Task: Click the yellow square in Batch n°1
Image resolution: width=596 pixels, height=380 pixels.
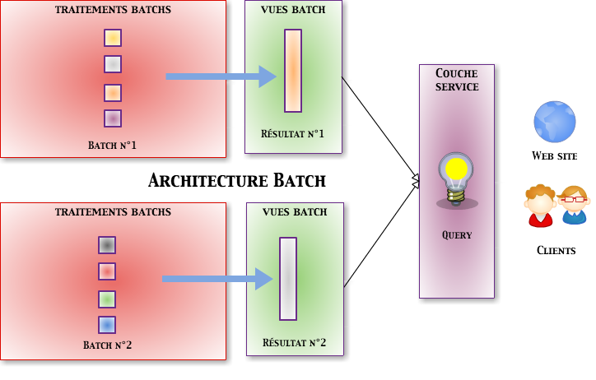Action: coord(113,38)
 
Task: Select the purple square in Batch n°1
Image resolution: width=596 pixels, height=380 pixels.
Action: coord(113,118)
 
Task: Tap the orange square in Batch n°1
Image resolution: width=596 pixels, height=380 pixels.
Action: coord(113,92)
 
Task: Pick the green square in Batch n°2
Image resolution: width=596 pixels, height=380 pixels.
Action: coord(107,299)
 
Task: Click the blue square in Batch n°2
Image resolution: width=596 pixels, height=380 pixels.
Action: coord(107,325)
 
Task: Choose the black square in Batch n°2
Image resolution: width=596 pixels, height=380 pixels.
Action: coord(107,245)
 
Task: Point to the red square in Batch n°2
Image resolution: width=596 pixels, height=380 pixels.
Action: coord(107,271)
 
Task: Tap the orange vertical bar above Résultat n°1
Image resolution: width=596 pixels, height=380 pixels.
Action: coord(293,71)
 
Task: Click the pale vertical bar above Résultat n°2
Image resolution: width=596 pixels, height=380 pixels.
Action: coord(288,278)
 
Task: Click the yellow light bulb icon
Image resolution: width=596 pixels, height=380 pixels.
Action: coord(456,178)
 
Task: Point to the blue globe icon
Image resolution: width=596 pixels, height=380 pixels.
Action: coord(555,122)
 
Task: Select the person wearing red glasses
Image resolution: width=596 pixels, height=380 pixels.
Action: coord(574,205)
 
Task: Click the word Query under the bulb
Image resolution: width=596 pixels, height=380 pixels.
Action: coord(457,235)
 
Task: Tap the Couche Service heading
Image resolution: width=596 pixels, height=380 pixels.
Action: coord(457,80)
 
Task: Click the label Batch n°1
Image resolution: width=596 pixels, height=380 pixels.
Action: coord(113,146)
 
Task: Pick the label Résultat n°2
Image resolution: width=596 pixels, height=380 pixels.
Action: coord(295,343)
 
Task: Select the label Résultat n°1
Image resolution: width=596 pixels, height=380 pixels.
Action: coord(293,134)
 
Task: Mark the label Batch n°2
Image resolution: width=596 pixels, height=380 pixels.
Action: coord(108,345)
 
